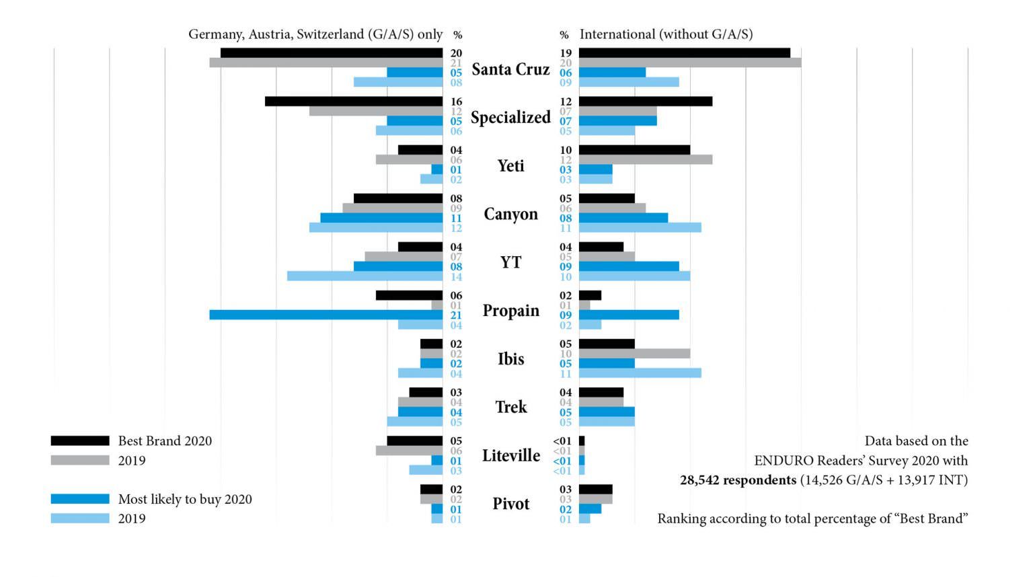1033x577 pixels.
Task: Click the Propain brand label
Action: point(510,311)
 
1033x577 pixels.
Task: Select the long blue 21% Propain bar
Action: point(326,315)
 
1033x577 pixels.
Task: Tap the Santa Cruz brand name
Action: point(510,69)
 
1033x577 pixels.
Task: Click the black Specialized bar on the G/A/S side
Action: point(354,102)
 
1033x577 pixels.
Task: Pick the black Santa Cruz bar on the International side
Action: point(684,53)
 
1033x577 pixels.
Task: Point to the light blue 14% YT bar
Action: point(365,276)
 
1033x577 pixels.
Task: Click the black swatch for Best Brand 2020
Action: point(80,440)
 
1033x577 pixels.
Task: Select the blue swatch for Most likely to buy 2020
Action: point(80,499)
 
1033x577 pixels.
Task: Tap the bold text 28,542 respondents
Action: point(738,480)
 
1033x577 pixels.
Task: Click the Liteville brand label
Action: point(511,456)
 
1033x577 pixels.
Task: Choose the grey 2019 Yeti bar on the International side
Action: point(646,160)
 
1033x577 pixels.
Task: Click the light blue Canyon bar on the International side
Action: point(640,228)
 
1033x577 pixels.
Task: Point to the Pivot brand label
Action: point(511,504)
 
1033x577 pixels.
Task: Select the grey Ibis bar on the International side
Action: point(634,354)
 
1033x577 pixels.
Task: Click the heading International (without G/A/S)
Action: point(666,34)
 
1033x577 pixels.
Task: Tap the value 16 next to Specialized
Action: point(456,102)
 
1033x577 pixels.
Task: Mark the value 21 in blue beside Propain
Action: point(456,315)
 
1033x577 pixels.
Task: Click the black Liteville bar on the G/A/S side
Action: point(414,441)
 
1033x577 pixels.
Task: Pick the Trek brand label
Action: point(511,407)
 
